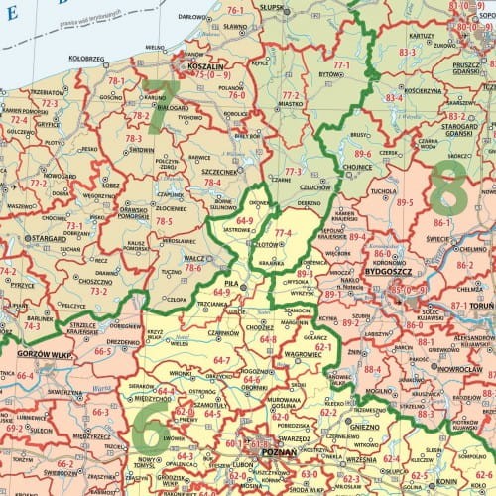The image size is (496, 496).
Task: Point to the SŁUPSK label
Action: [x=270, y=6]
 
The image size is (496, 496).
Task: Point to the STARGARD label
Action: [x=46, y=239]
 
